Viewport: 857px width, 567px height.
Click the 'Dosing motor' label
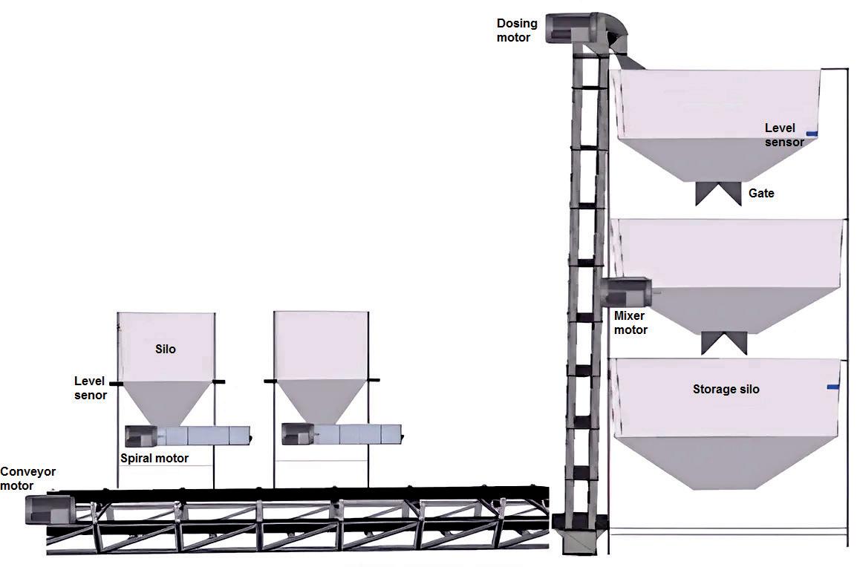pos(517,30)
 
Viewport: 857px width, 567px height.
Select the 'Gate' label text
pos(761,194)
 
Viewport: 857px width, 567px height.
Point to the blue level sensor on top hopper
pos(812,134)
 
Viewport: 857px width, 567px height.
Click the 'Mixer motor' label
pos(631,323)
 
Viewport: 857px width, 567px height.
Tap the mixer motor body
pos(627,292)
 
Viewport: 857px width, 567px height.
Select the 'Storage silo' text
pos(726,389)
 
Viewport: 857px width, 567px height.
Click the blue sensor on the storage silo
pos(833,387)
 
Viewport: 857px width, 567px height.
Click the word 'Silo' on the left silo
pos(166,349)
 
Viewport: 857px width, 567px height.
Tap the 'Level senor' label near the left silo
pos(91,388)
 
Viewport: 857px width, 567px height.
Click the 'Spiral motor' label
pos(154,459)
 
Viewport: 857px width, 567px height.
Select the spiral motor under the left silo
pos(140,435)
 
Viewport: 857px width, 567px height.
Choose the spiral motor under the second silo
pos(297,434)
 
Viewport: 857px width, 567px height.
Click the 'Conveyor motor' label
pos(27,479)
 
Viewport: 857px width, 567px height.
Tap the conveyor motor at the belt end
pos(48,510)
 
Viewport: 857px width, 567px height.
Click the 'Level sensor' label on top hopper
pos(784,135)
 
